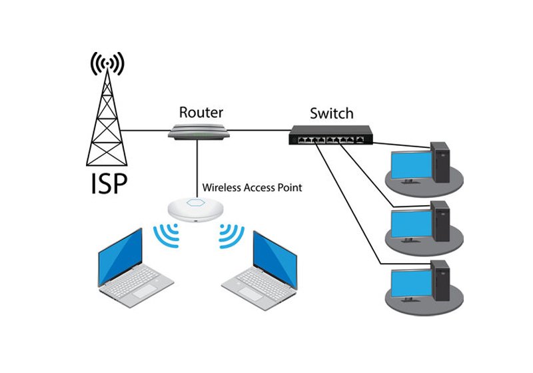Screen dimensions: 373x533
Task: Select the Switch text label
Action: [x=331, y=113]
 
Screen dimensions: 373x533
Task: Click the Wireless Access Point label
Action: [x=252, y=188]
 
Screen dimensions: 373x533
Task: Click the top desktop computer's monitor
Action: [x=411, y=165]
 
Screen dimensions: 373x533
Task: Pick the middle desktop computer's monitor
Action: [x=411, y=224]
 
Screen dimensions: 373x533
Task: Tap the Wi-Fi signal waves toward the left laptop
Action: [x=166, y=234]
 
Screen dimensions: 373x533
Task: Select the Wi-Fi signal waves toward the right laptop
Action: [x=231, y=234]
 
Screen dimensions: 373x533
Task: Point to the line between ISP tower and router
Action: [x=147, y=131]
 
